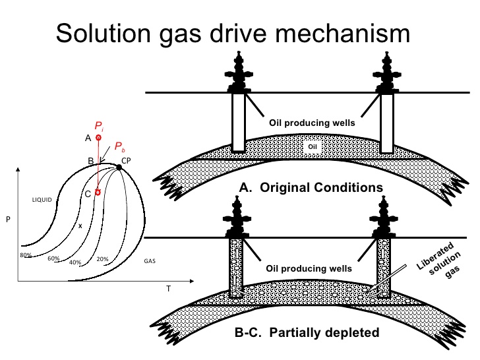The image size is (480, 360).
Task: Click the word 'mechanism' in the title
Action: click(342, 34)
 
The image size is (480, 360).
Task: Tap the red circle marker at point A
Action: click(98, 138)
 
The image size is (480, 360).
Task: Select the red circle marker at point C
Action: click(98, 193)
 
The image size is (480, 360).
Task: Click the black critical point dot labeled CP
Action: click(119, 167)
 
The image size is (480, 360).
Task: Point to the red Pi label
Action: click(99, 126)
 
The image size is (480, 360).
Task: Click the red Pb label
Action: click(120, 146)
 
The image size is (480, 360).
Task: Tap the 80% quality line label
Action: click(26, 255)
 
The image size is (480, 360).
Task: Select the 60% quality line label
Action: click(53, 258)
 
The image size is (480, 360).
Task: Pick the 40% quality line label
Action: click(75, 262)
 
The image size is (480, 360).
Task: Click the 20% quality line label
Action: click(103, 259)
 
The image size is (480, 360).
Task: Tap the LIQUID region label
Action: click(42, 200)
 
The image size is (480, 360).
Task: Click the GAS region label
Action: click(150, 261)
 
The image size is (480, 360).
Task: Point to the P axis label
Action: click(9, 219)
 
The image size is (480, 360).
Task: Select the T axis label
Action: click(168, 289)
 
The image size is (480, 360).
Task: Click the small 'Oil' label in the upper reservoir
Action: click(313, 146)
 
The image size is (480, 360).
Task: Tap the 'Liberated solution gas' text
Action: click(439, 260)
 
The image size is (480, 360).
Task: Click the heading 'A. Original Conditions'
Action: click(311, 187)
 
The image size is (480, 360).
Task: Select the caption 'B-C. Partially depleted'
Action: click(307, 332)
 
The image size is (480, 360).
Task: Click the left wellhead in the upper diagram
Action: click(239, 73)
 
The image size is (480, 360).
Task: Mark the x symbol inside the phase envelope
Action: click(80, 226)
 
